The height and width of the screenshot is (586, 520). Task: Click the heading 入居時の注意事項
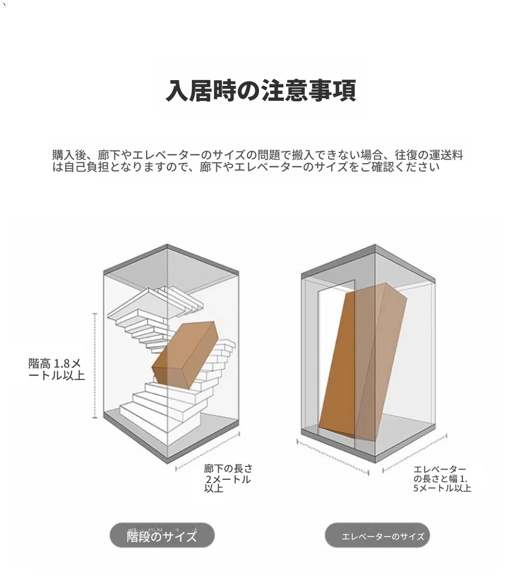261,90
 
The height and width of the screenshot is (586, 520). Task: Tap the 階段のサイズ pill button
162,535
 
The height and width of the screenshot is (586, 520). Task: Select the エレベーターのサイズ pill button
377,535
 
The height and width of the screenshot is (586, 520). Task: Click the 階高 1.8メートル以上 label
56,369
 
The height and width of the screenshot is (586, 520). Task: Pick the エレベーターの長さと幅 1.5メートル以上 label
442,479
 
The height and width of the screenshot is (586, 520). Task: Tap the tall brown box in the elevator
362,362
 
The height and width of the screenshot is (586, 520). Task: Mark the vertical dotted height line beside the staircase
95,366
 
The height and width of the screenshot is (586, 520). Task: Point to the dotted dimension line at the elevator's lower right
415,453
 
